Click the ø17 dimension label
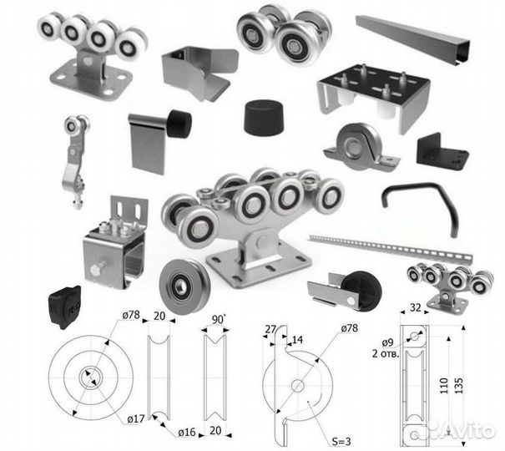[135, 419]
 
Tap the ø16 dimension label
[187, 432]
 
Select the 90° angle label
[219, 319]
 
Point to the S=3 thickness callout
[341, 441]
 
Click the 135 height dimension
[458, 385]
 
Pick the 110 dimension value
[444, 386]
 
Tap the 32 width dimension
[415, 307]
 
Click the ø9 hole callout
[388, 342]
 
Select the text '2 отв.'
[386, 354]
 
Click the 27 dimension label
[270, 329]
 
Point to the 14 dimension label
[297, 340]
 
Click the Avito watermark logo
[462, 428]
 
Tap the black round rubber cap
[264, 117]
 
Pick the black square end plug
[64, 306]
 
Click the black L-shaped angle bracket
[442, 151]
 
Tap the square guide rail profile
[413, 39]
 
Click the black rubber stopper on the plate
[179, 124]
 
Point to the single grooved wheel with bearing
[184, 286]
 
